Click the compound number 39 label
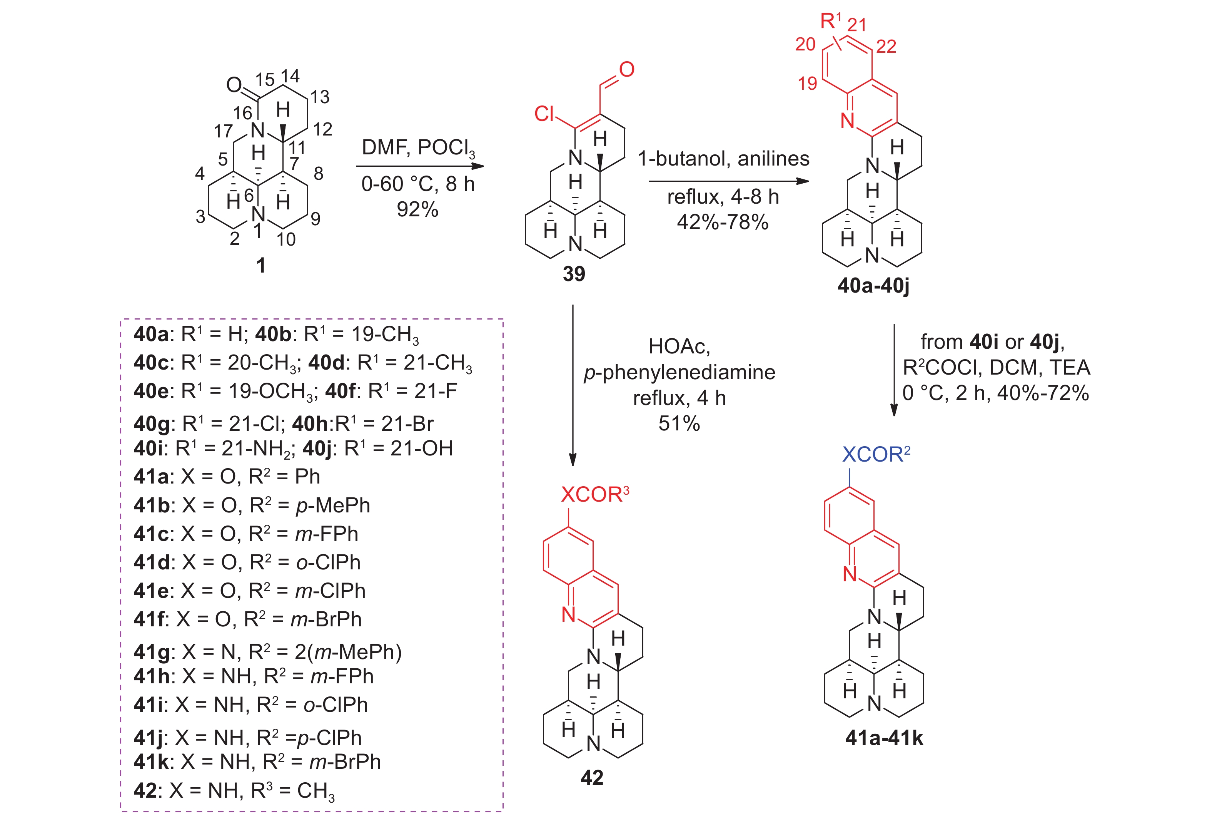point(574,274)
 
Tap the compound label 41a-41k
point(884,738)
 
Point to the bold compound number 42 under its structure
point(592,778)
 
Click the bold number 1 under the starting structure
point(261,266)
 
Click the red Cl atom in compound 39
point(544,113)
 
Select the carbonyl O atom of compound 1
point(234,85)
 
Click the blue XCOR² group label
point(876,454)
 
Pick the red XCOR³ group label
point(595,494)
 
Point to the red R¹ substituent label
point(831,21)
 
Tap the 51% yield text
point(679,423)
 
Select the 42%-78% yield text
point(723,223)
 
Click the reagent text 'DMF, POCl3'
point(418,148)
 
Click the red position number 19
point(807,83)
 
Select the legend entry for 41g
point(267,652)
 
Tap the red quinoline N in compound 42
point(569,615)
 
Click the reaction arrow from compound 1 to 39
point(420,166)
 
